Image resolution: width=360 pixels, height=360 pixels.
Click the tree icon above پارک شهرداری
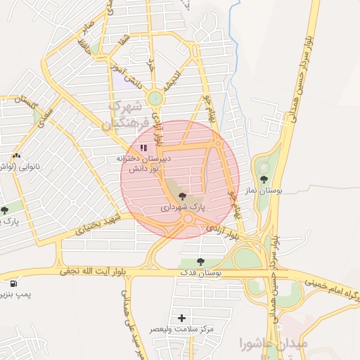[183, 195]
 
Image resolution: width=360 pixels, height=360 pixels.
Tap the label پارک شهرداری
[184, 207]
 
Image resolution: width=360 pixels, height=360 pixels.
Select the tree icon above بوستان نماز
[264, 179]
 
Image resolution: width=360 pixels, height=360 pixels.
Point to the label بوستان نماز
[265, 190]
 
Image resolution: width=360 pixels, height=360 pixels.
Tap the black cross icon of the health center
[183, 318]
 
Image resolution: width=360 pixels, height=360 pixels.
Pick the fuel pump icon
[13, 284]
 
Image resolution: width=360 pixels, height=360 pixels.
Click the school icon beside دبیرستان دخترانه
[143, 148]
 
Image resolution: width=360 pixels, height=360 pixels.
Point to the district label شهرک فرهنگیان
[125, 115]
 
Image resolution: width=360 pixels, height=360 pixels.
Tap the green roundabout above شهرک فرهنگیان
[154, 98]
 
